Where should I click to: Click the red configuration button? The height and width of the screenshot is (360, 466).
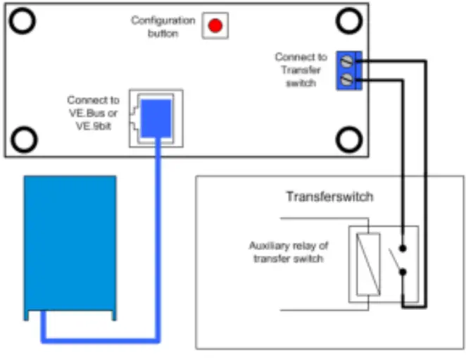click(x=215, y=26)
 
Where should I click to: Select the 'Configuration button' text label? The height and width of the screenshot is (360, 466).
click(x=163, y=27)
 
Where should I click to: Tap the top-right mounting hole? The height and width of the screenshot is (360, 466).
click(x=348, y=21)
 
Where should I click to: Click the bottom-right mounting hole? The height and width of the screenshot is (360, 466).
click(x=348, y=139)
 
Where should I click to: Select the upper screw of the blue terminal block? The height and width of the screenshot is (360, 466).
click(x=346, y=62)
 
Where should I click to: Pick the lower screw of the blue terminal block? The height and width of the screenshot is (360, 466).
click(x=346, y=81)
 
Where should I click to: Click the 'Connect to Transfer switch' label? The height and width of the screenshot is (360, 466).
click(x=301, y=70)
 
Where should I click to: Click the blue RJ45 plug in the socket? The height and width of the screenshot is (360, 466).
click(x=156, y=116)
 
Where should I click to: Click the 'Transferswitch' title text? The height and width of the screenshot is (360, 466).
click(x=329, y=197)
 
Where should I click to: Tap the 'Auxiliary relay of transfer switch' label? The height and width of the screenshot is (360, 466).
click(x=289, y=252)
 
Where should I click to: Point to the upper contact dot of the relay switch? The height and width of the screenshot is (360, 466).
click(x=403, y=248)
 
